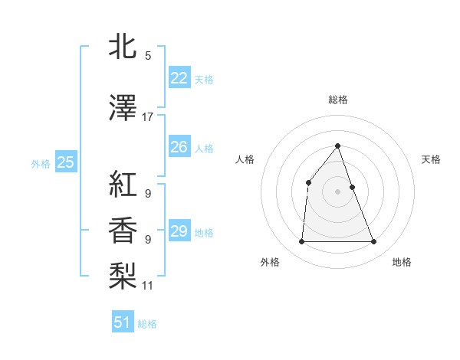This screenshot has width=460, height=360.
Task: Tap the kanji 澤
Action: click(x=123, y=108)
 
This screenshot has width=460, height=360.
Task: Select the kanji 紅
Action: click(x=123, y=185)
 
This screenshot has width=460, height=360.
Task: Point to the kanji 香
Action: click(x=123, y=230)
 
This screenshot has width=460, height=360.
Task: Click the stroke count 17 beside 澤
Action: click(x=148, y=117)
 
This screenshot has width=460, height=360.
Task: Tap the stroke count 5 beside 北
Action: click(x=148, y=56)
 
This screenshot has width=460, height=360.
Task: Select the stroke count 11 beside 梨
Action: click(x=148, y=286)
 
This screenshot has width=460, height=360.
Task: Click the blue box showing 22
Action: click(x=179, y=78)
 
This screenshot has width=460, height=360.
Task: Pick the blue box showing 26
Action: click(x=179, y=147)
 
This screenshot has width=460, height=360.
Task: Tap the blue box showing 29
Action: click(x=179, y=231)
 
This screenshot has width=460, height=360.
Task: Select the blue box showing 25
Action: click(x=66, y=162)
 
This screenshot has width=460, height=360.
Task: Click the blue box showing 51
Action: click(x=123, y=322)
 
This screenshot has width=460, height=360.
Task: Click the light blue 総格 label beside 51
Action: click(x=147, y=324)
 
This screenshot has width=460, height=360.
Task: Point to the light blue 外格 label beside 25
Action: click(x=41, y=163)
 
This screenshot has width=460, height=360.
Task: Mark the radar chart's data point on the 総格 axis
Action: click(x=337, y=146)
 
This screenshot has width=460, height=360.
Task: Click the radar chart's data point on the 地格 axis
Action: click(x=374, y=242)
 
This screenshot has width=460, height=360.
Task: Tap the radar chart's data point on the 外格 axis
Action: click(x=301, y=242)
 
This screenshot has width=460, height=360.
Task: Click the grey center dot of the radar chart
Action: click(x=337, y=191)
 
